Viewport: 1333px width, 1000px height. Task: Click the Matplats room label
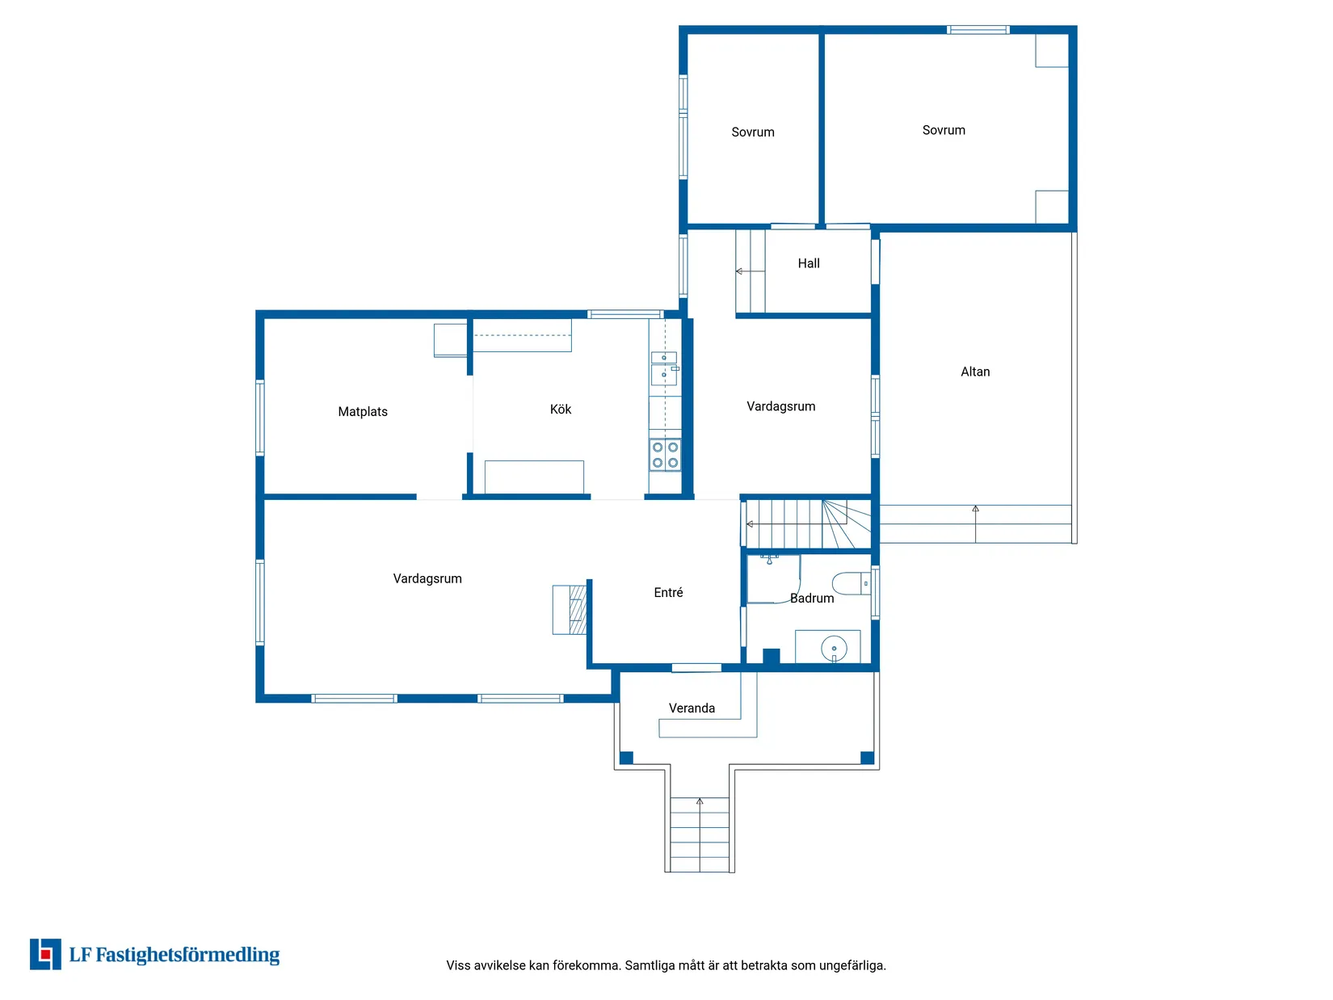(x=363, y=412)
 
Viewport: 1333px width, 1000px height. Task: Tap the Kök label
(x=561, y=410)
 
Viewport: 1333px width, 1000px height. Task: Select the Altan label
(x=975, y=372)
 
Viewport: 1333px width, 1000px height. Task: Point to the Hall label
(x=809, y=263)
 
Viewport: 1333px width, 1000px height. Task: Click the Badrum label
(x=812, y=599)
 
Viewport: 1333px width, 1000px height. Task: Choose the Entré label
(x=669, y=593)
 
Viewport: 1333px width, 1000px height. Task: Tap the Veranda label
(x=692, y=708)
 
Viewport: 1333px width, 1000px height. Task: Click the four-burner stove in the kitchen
(x=665, y=455)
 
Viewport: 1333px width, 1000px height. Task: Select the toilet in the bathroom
(x=852, y=583)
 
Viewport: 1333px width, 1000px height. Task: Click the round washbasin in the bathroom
(x=834, y=649)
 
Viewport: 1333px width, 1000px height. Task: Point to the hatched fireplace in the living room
(x=578, y=610)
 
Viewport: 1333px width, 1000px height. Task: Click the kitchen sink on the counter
(x=664, y=368)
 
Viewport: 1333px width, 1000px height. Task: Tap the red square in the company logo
(x=45, y=955)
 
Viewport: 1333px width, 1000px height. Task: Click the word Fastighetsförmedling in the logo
(x=187, y=955)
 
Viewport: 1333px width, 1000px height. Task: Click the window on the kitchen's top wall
(x=625, y=314)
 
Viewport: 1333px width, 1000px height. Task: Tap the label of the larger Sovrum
(x=944, y=130)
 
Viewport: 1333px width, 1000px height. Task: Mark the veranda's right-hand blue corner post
(x=867, y=758)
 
